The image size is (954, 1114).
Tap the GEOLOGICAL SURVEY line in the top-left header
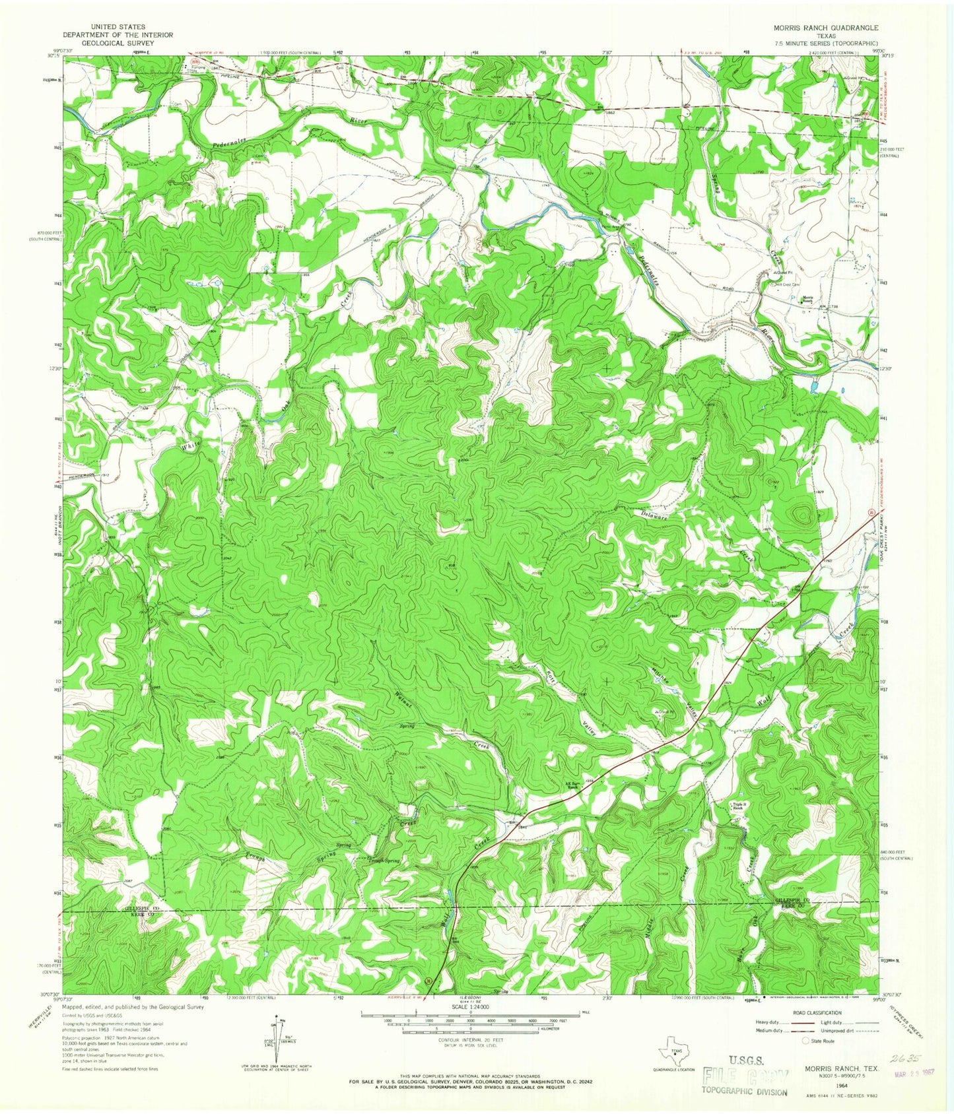point(117,43)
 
